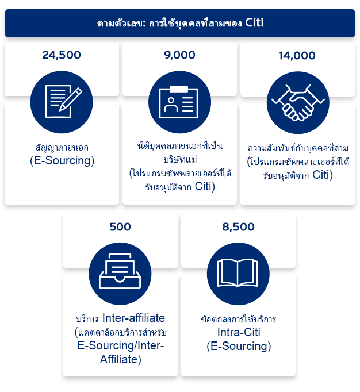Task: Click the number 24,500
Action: click(x=62, y=55)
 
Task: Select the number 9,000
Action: click(x=179, y=55)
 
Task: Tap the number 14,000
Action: click(x=297, y=56)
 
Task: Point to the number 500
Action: click(x=120, y=227)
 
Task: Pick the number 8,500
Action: click(x=239, y=227)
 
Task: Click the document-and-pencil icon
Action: click(x=62, y=102)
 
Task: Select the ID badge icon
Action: click(x=179, y=102)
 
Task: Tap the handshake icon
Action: click(x=298, y=102)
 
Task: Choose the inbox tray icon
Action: click(x=120, y=274)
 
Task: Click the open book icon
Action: click(x=238, y=274)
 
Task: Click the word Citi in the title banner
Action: click(x=254, y=22)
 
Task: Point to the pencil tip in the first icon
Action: click(x=60, y=110)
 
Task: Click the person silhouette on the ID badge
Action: click(x=171, y=105)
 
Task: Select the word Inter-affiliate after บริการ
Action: click(x=133, y=318)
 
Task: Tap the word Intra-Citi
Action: click(x=239, y=332)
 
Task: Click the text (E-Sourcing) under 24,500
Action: click(x=62, y=160)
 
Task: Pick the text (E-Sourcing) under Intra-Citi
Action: click(x=239, y=346)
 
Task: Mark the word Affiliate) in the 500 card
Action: click(x=121, y=359)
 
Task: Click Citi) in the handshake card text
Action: click(x=323, y=175)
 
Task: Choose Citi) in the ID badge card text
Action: click(x=205, y=186)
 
